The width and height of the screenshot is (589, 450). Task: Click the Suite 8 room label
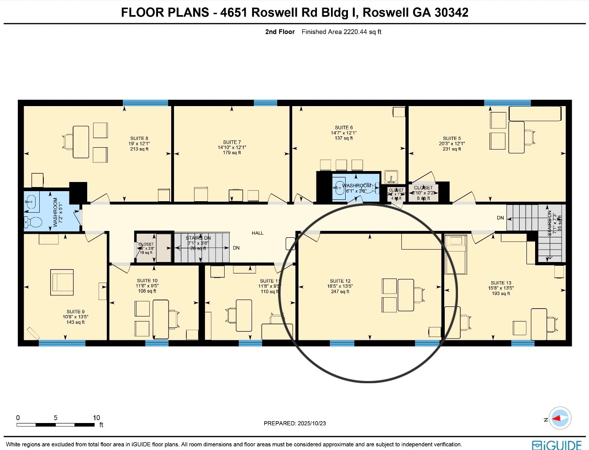point(139,138)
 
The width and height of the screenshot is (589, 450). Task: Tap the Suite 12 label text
point(340,281)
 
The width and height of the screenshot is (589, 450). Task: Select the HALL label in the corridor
point(258,233)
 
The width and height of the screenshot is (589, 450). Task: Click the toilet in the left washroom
point(33,223)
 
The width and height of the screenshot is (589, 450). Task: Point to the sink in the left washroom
point(32,201)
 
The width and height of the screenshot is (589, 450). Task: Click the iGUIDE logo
point(557,445)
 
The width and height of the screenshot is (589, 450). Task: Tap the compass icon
point(559,418)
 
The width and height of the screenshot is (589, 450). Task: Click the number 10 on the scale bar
point(96,418)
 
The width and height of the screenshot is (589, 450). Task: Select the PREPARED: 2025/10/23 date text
point(295,423)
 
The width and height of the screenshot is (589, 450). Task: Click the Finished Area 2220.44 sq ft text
point(342,32)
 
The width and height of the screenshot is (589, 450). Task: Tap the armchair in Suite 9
point(62,282)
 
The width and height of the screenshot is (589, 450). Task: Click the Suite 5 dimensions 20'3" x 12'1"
point(452,144)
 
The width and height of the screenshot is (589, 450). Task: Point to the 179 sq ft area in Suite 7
point(232,152)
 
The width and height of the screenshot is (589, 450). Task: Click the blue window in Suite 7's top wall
point(265,103)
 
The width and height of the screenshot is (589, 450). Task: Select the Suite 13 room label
point(501,283)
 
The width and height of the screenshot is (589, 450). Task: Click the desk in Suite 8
point(81,142)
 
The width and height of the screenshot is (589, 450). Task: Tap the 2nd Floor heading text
point(280,32)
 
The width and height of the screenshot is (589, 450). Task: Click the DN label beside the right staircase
point(500,218)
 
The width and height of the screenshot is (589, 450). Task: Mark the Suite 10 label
point(147,280)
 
